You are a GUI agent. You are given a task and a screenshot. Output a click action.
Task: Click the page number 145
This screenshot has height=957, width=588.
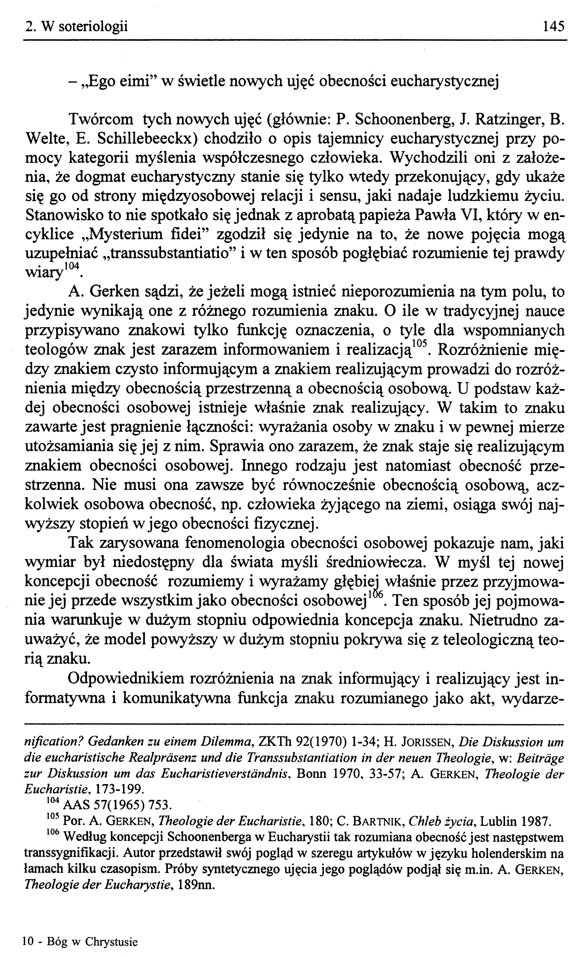point(553,26)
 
